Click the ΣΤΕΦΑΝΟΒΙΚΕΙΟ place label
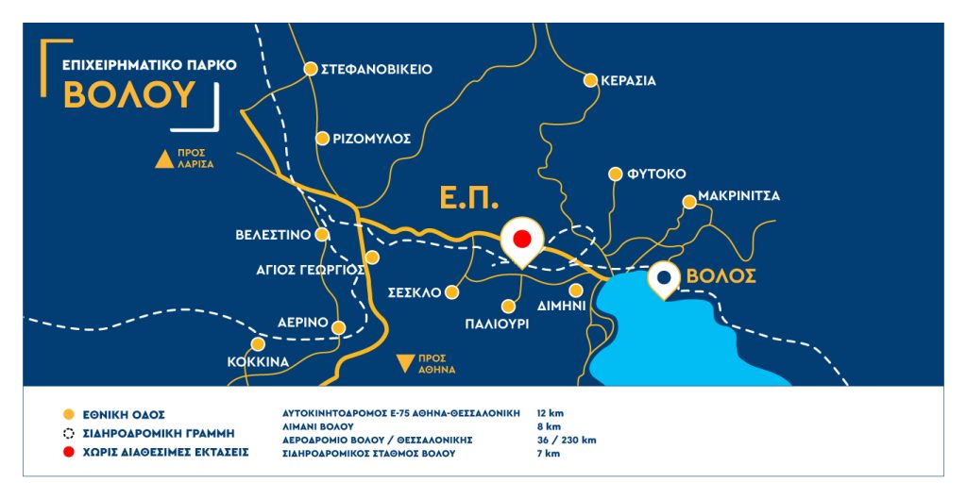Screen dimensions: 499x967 pos(377,69)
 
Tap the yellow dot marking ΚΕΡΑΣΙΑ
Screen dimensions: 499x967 pos(591,80)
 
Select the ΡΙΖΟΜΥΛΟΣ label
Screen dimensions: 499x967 pos(371,138)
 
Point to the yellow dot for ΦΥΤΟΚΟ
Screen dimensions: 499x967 pos(616,174)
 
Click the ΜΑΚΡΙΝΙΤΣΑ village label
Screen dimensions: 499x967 pos(739,198)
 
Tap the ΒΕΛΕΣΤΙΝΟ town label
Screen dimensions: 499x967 pos(273,234)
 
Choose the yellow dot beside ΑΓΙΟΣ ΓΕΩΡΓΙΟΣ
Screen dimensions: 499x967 pos(372,257)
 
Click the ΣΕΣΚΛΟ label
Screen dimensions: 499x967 pos(415,292)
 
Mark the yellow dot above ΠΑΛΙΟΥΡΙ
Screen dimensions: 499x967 pos(509,306)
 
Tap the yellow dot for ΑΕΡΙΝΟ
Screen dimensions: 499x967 pos(340,327)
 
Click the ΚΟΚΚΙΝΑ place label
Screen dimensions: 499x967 pos(257,361)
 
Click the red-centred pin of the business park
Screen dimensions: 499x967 pos(521,239)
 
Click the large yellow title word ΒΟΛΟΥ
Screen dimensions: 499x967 pos(130,95)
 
